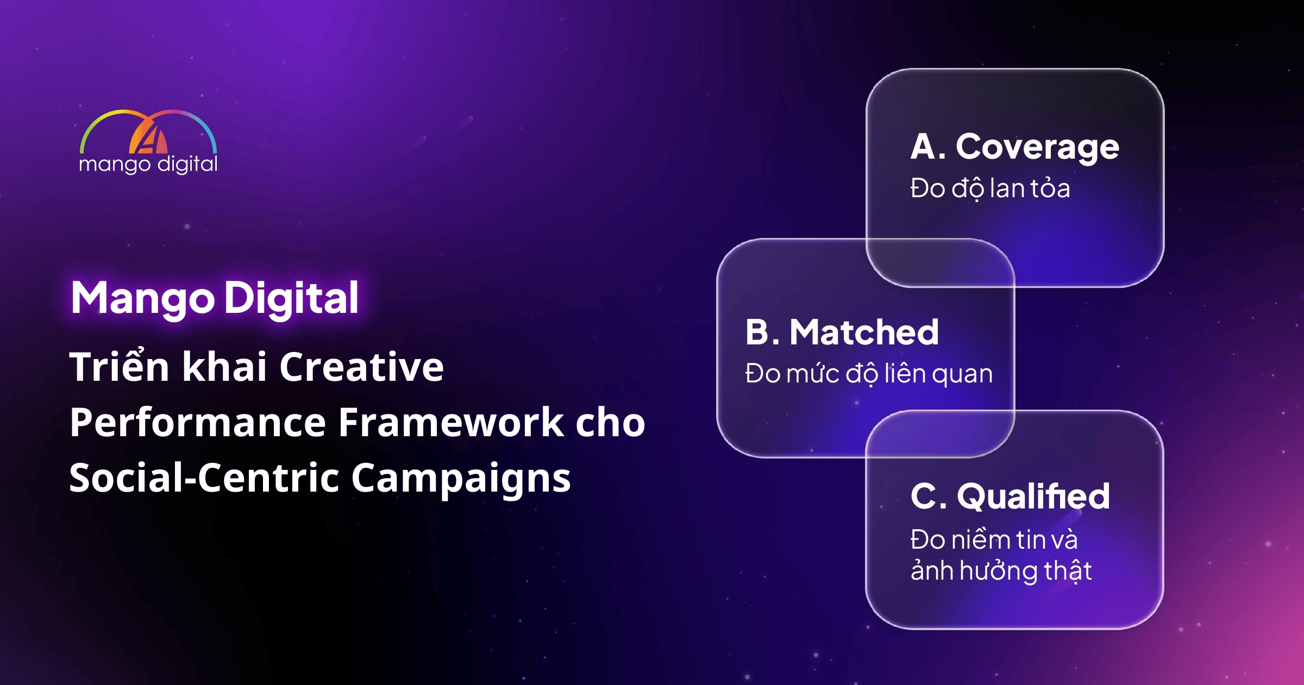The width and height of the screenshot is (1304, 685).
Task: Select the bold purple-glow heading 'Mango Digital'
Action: point(215,298)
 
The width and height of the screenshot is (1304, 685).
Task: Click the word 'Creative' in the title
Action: point(361,367)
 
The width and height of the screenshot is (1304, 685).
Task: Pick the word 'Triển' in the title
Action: point(120,365)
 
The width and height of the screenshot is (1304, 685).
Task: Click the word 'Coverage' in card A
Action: point(1037,148)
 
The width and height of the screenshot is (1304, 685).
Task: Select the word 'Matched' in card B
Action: point(864,332)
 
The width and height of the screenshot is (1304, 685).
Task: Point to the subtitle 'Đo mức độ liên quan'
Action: point(869,374)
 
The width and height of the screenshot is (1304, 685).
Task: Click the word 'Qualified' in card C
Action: point(1033,497)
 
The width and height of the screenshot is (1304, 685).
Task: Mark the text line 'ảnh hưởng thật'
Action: point(1001,571)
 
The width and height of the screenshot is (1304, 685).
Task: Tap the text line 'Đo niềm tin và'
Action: point(994,539)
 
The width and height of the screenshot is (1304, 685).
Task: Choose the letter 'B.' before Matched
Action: point(762,332)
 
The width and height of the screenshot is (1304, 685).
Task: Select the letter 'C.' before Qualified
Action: point(929,497)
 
